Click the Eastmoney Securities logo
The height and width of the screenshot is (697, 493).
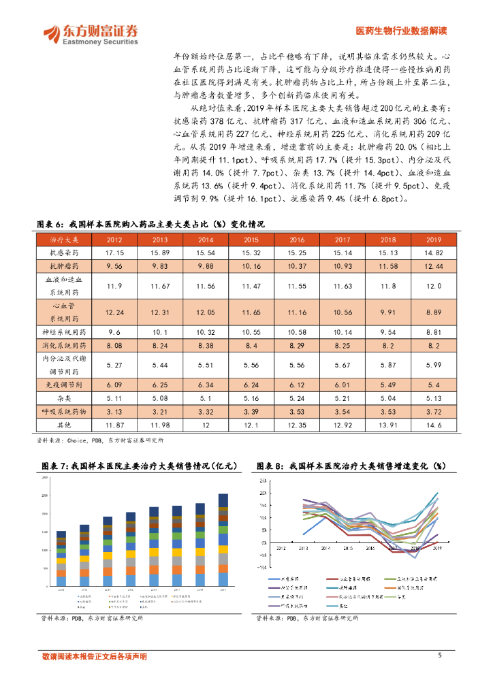tap(90, 34)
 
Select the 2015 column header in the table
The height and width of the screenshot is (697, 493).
tap(251, 240)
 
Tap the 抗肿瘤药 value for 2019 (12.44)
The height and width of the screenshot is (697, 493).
tap(434, 265)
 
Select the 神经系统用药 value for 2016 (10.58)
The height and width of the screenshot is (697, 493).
tap(297, 332)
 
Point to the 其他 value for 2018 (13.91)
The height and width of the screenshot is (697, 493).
tap(388, 425)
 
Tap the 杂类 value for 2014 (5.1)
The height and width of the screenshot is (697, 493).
tap(205, 399)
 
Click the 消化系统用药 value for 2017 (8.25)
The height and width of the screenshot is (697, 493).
tap(343, 346)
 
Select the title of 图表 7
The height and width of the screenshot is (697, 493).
tap(139, 466)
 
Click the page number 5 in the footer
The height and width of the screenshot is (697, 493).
tap(440, 655)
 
